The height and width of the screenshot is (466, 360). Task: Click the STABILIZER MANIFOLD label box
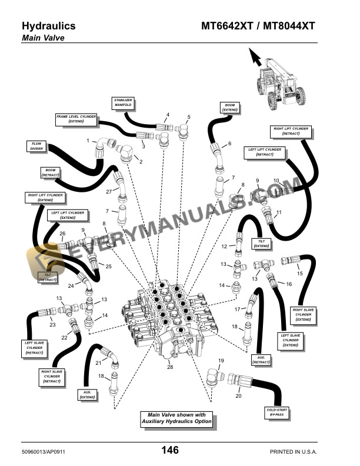click(123, 104)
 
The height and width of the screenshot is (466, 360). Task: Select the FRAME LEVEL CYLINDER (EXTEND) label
click(76, 119)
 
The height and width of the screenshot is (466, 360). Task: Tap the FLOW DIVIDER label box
click(37, 146)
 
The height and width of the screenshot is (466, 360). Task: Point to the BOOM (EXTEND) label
click(229, 107)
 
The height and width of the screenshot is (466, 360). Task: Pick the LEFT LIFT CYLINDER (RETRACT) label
click(265, 152)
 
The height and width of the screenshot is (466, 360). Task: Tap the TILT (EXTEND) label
click(261, 243)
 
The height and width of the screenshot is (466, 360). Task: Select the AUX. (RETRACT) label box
click(261, 360)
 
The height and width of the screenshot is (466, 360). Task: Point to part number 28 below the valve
click(169, 368)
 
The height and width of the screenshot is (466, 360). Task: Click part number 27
click(108, 192)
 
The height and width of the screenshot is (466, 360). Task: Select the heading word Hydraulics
click(48, 26)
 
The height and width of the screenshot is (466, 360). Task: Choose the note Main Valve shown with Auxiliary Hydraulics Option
click(176, 419)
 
